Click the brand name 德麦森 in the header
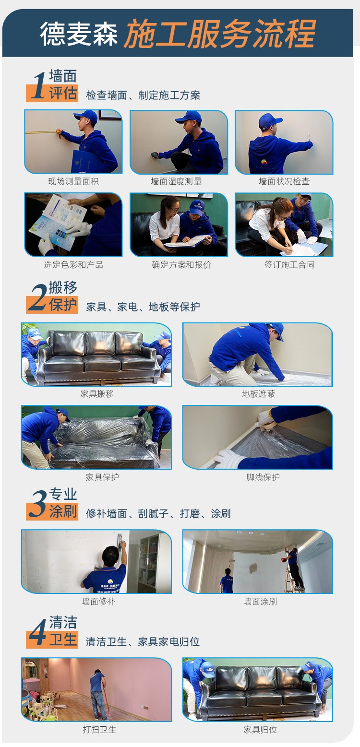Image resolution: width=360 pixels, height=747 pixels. coord(79,35)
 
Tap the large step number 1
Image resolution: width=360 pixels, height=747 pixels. coord(39,86)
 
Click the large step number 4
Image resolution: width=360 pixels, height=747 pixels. coord(38,632)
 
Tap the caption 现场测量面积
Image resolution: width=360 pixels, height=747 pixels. coord(73,181)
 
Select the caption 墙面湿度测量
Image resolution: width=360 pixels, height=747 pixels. coord(176,181)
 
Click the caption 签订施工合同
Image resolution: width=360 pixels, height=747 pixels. coord(289,265)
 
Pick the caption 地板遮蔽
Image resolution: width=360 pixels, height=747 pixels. coord(259,394)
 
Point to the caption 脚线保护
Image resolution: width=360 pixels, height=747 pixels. coord(263,477)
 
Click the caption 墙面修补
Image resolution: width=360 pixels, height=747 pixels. coord(99,602)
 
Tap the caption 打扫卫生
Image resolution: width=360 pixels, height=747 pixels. coord(99,730)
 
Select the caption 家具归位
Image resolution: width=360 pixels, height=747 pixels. coord(260,730)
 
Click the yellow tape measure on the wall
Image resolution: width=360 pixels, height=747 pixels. coord(43,132)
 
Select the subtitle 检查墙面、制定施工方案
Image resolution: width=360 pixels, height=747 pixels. coord(143,95)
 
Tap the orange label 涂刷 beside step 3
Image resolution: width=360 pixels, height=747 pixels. coord(63,511)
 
